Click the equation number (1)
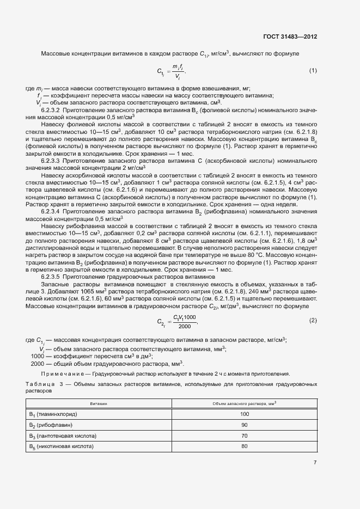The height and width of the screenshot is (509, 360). click(x=313, y=71)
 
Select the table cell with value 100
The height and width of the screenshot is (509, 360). click(x=244, y=414)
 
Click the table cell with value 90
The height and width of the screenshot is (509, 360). click(x=244, y=425)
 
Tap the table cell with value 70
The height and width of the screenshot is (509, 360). click(x=244, y=436)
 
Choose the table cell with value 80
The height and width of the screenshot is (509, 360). click(x=244, y=446)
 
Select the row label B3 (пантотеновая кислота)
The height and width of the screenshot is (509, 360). click(x=62, y=436)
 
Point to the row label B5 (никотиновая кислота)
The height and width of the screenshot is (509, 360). click(x=61, y=446)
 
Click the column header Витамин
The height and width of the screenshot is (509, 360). click(x=99, y=404)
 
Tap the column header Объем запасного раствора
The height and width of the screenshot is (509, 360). click(x=244, y=403)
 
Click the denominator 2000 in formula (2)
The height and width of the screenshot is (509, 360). click(x=184, y=326)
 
